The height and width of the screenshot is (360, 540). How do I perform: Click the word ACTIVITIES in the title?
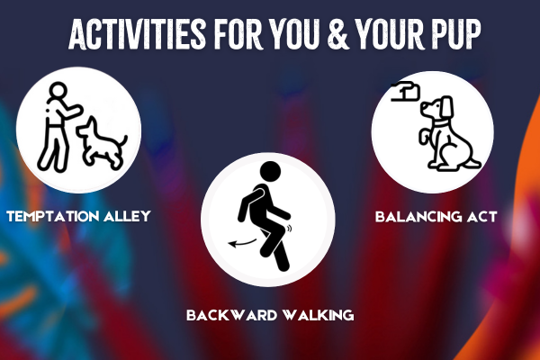(x=138, y=34)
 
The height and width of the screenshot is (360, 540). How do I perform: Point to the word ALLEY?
(x=127, y=216)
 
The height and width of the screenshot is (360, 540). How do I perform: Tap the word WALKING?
(x=318, y=315)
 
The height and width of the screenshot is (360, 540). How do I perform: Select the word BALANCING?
(x=418, y=217)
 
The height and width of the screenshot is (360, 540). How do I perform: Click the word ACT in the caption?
(x=482, y=217)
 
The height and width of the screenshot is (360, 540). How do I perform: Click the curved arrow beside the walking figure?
(x=243, y=243)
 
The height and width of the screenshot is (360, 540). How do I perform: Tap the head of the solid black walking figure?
(x=270, y=171)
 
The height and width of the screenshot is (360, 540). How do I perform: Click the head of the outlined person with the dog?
(x=58, y=91)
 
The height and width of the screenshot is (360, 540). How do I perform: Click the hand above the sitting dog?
(x=406, y=91)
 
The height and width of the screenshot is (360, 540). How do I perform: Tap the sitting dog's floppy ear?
(x=447, y=107)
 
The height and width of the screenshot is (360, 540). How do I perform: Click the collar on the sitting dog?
(x=441, y=123)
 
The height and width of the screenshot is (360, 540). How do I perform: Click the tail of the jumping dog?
(x=122, y=141)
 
